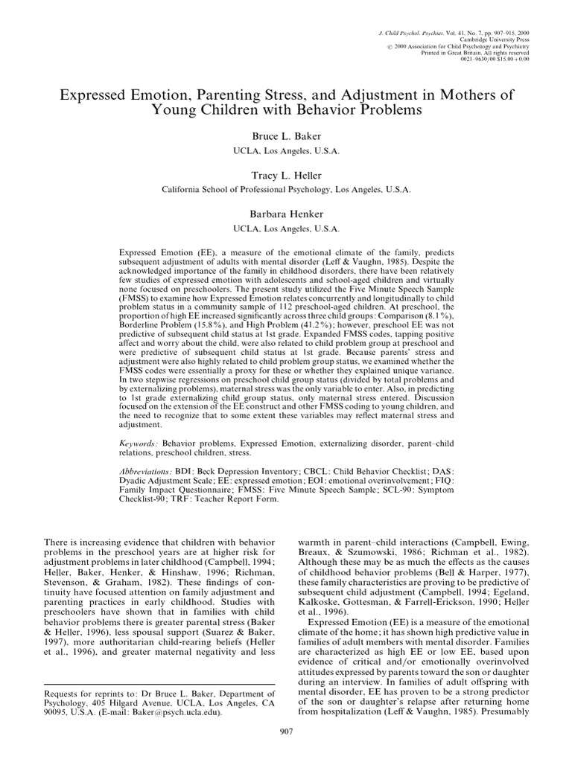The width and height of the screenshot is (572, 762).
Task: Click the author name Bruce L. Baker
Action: point(286,138)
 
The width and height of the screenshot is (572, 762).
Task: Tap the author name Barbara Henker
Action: point(286,215)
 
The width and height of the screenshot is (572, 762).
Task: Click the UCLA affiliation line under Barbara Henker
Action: point(286,228)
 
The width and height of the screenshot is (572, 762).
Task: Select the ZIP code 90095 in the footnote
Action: point(57,711)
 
